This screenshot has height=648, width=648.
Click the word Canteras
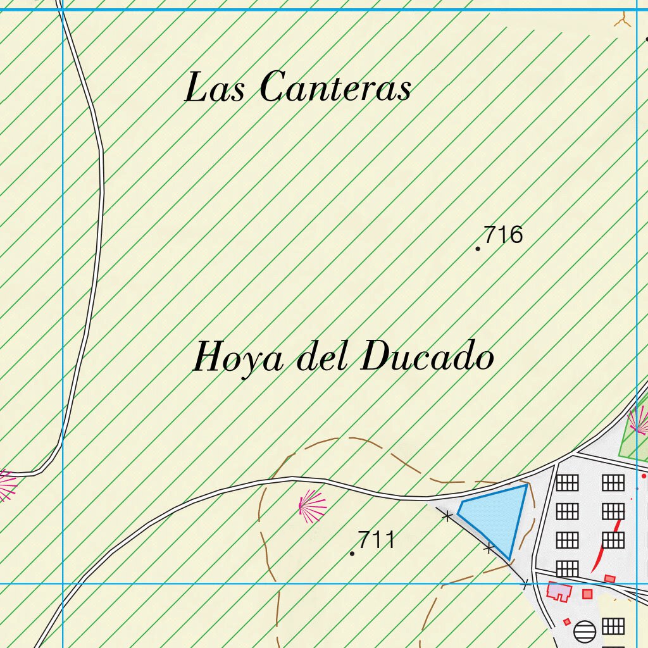point(335,87)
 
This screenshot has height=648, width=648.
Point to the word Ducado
point(427,358)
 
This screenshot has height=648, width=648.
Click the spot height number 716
point(504,235)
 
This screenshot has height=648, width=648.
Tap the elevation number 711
point(377,540)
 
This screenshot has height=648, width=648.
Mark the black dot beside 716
point(478,249)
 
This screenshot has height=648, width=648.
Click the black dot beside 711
point(352,554)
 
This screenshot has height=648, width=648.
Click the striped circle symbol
point(585,631)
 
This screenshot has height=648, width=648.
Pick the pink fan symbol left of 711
point(311,506)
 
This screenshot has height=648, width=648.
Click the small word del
point(323,358)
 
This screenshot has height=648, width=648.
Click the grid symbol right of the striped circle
point(613,626)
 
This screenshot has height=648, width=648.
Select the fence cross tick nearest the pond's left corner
point(447,516)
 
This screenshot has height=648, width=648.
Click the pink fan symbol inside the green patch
point(639,420)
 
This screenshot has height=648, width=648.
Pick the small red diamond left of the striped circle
point(566,622)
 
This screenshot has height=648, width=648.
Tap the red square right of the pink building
point(587,594)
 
